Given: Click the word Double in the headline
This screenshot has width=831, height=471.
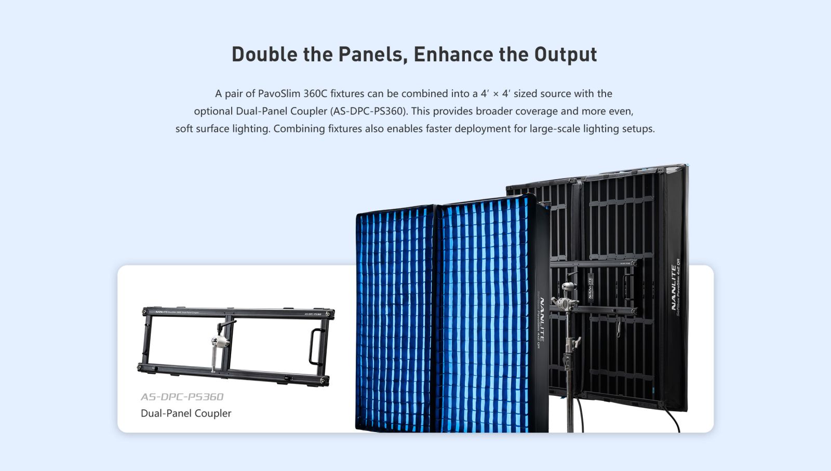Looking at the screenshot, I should point(264,55).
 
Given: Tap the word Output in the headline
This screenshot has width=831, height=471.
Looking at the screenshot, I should point(566,55).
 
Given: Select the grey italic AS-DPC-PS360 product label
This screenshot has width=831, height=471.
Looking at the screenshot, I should point(182,397).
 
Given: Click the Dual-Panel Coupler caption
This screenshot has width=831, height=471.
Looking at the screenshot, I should point(186,413).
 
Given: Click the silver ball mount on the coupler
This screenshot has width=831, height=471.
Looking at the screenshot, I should point(216,341).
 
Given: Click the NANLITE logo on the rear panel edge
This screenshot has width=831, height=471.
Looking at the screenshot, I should point(674,287).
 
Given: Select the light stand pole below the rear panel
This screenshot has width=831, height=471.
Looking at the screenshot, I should point(570,400).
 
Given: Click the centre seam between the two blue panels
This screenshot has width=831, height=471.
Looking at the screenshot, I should point(437,317).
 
